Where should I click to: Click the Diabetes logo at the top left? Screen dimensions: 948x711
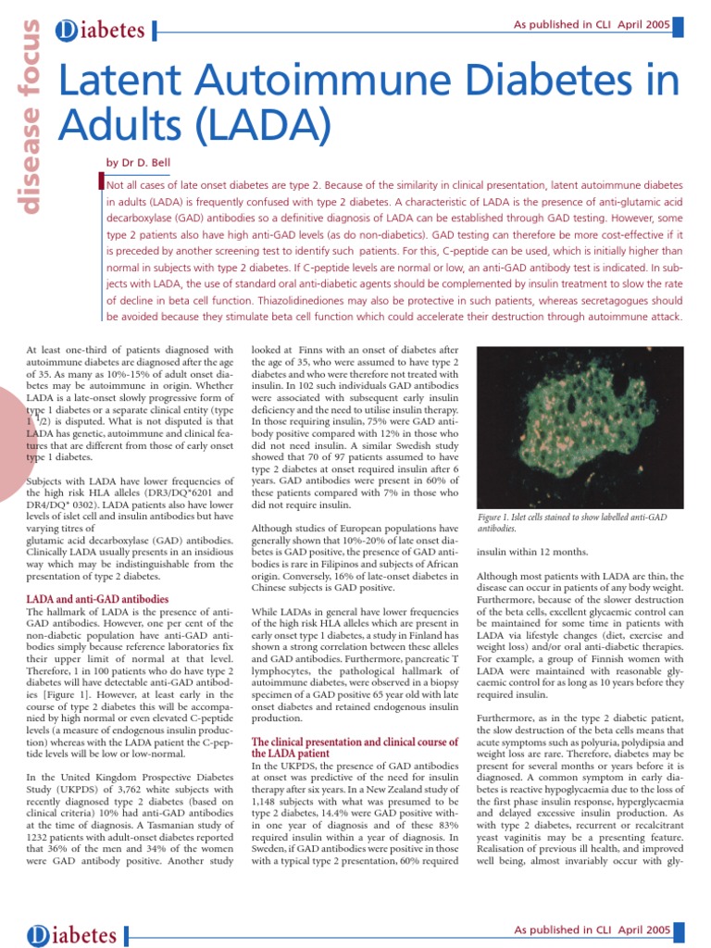(x=102, y=31)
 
